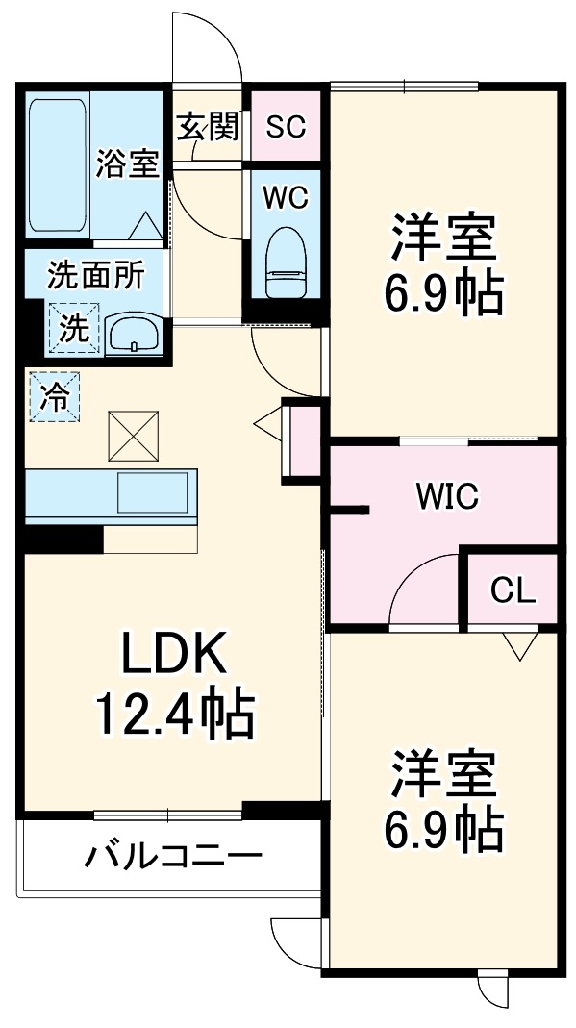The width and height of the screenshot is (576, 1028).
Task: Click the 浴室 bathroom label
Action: pyautogui.click(x=127, y=163)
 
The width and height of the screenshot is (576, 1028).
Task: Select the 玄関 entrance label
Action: pyautogui.click(x=207, y=126)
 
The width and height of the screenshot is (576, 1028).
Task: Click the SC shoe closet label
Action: pyautogui.click(x=286, y=127)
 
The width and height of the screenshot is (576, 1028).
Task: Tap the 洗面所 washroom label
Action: pyautogui.click(x=96, y=276)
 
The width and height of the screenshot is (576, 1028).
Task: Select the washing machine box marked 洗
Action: pyautogui.click(x=74, y=328)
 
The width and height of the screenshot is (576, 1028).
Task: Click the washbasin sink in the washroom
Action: pyautogui.click(x=134, y=334)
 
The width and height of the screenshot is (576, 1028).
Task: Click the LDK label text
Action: pyautogui.click(x=173, y=658)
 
